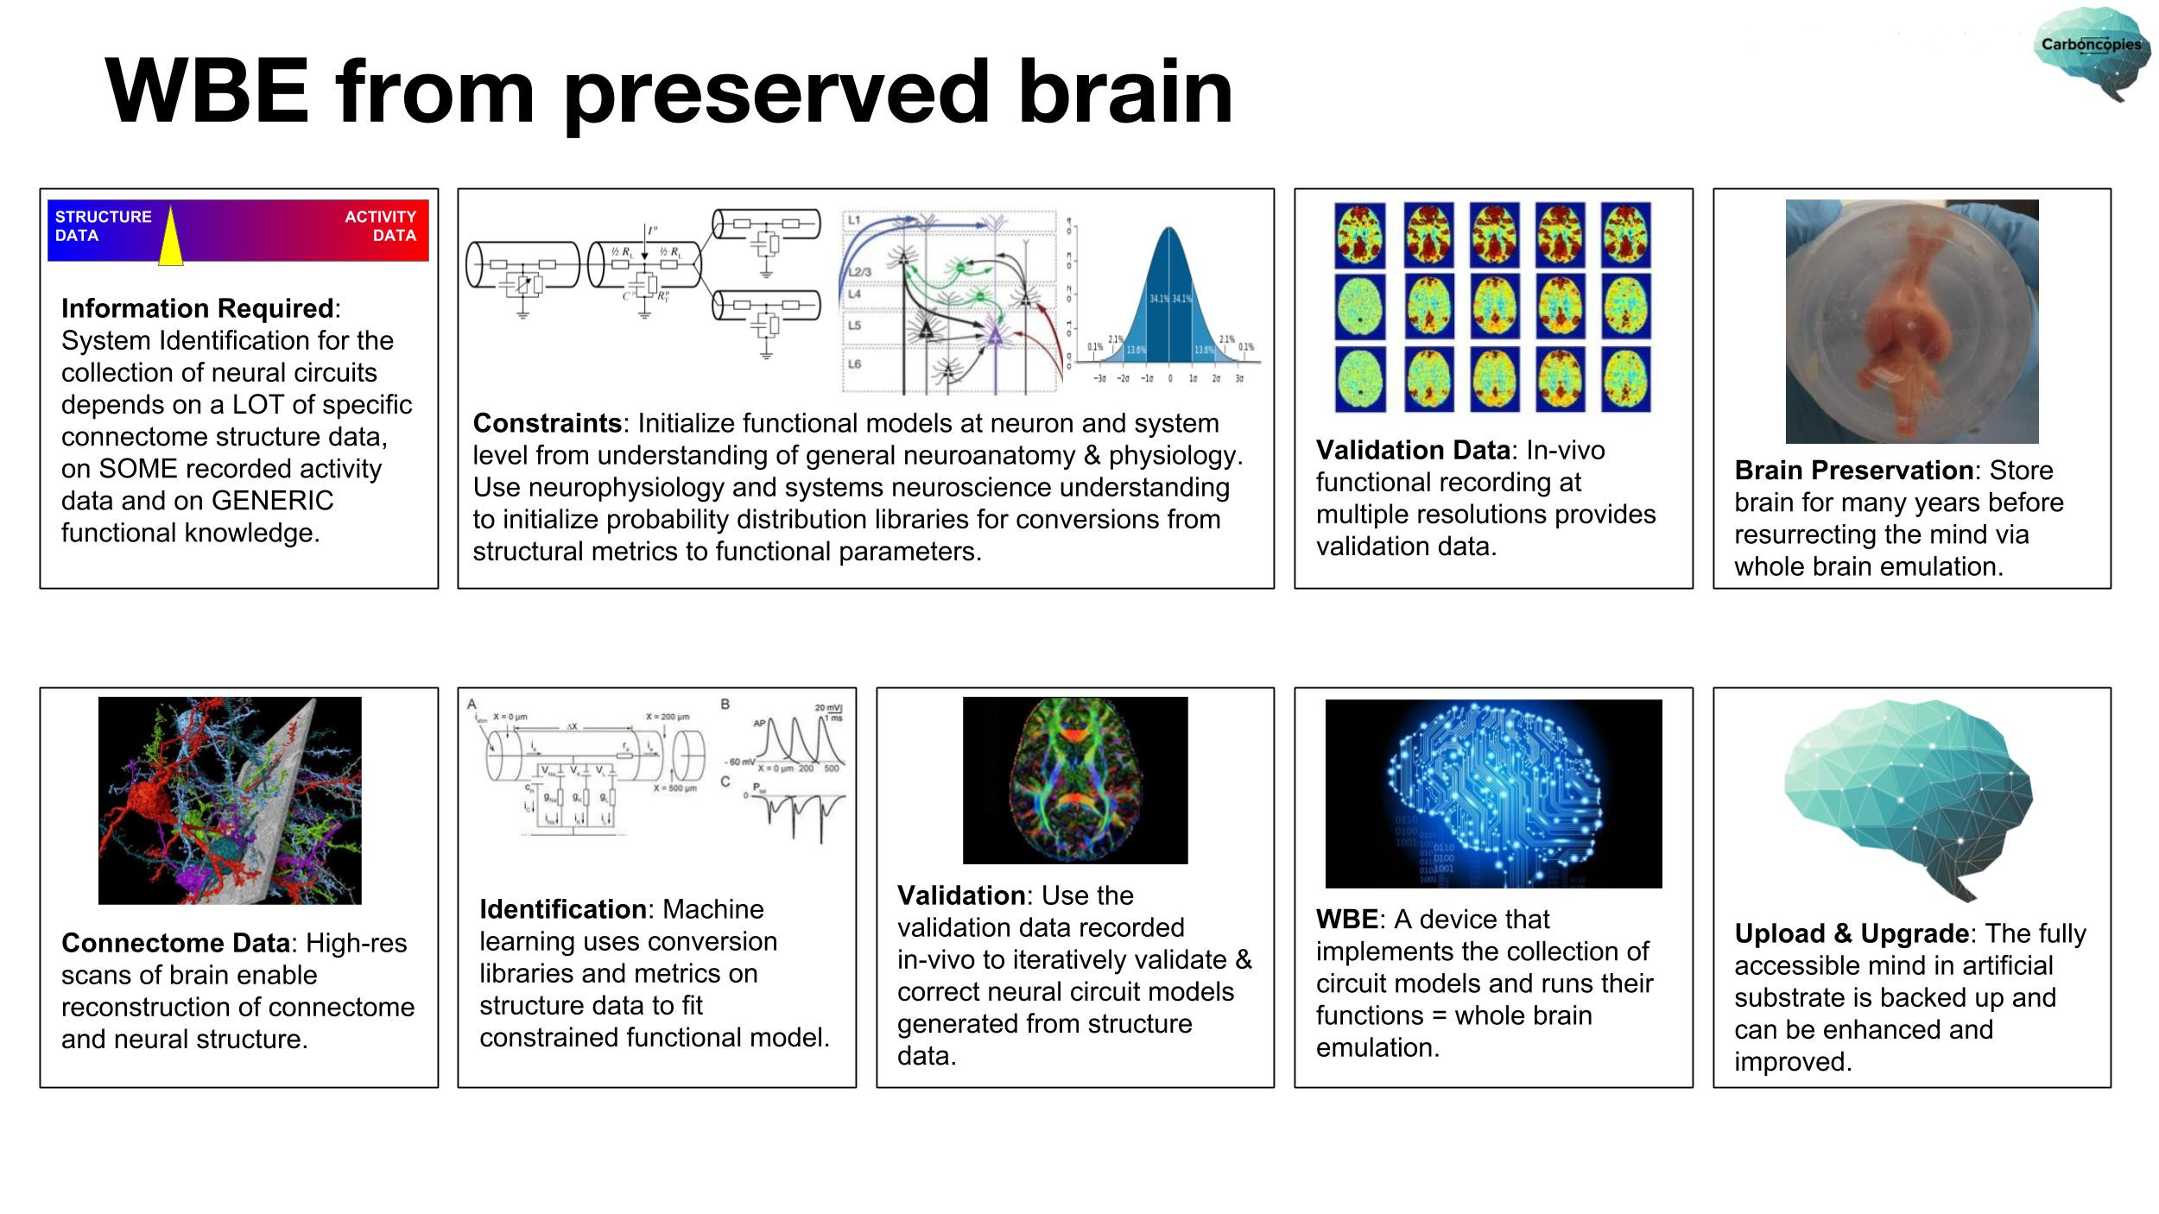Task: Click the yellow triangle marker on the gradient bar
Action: pyautogui.click(x=171, y=241)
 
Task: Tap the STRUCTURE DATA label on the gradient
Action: pyautogui.click(x=103, y=226)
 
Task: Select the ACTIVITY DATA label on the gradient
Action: pyautogui.click(x=380, y=226)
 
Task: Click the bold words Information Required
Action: pyautogui.click(x=197, y=308)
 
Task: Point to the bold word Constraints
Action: pyautogui.click(x=547, y=423)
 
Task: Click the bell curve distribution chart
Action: pyautogui.click(x=1168, y=302)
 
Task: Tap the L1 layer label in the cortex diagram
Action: pyautogui.click(x=854, y=221)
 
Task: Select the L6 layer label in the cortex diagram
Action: pyautogui.click(x=854, y=364)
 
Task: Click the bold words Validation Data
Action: pyautogui.click(x=1413, y=450)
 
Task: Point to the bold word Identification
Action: pyautogui.click(x=562, y=909)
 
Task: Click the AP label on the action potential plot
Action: pyautogui.click(x=760, y=724)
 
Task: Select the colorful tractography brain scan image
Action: pyautogui.click(x=1075, y=780)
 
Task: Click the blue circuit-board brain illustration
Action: pyautogui.click(x=1493, y=793)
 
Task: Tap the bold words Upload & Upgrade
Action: pyautogui.click(x=1852, y=933)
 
